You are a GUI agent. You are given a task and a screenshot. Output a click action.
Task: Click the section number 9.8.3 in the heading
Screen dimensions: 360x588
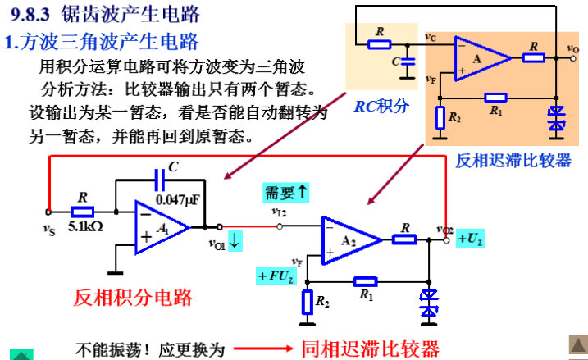[x=30, y=16]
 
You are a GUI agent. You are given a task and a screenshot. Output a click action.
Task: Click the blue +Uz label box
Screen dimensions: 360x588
[x=472, y=239]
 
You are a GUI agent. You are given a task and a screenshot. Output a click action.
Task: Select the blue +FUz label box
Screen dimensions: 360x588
[x=275, y=276]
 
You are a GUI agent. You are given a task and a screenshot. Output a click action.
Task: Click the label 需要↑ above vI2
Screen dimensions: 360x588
[x=286, y=193]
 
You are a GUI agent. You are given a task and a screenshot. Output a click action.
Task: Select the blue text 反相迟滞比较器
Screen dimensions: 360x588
[x=513, y=161]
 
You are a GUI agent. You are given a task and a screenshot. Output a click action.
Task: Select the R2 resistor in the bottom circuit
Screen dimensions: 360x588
[x=307, y=302]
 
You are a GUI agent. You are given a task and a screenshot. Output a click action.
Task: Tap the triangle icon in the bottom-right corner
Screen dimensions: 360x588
[x=577, y=344]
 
